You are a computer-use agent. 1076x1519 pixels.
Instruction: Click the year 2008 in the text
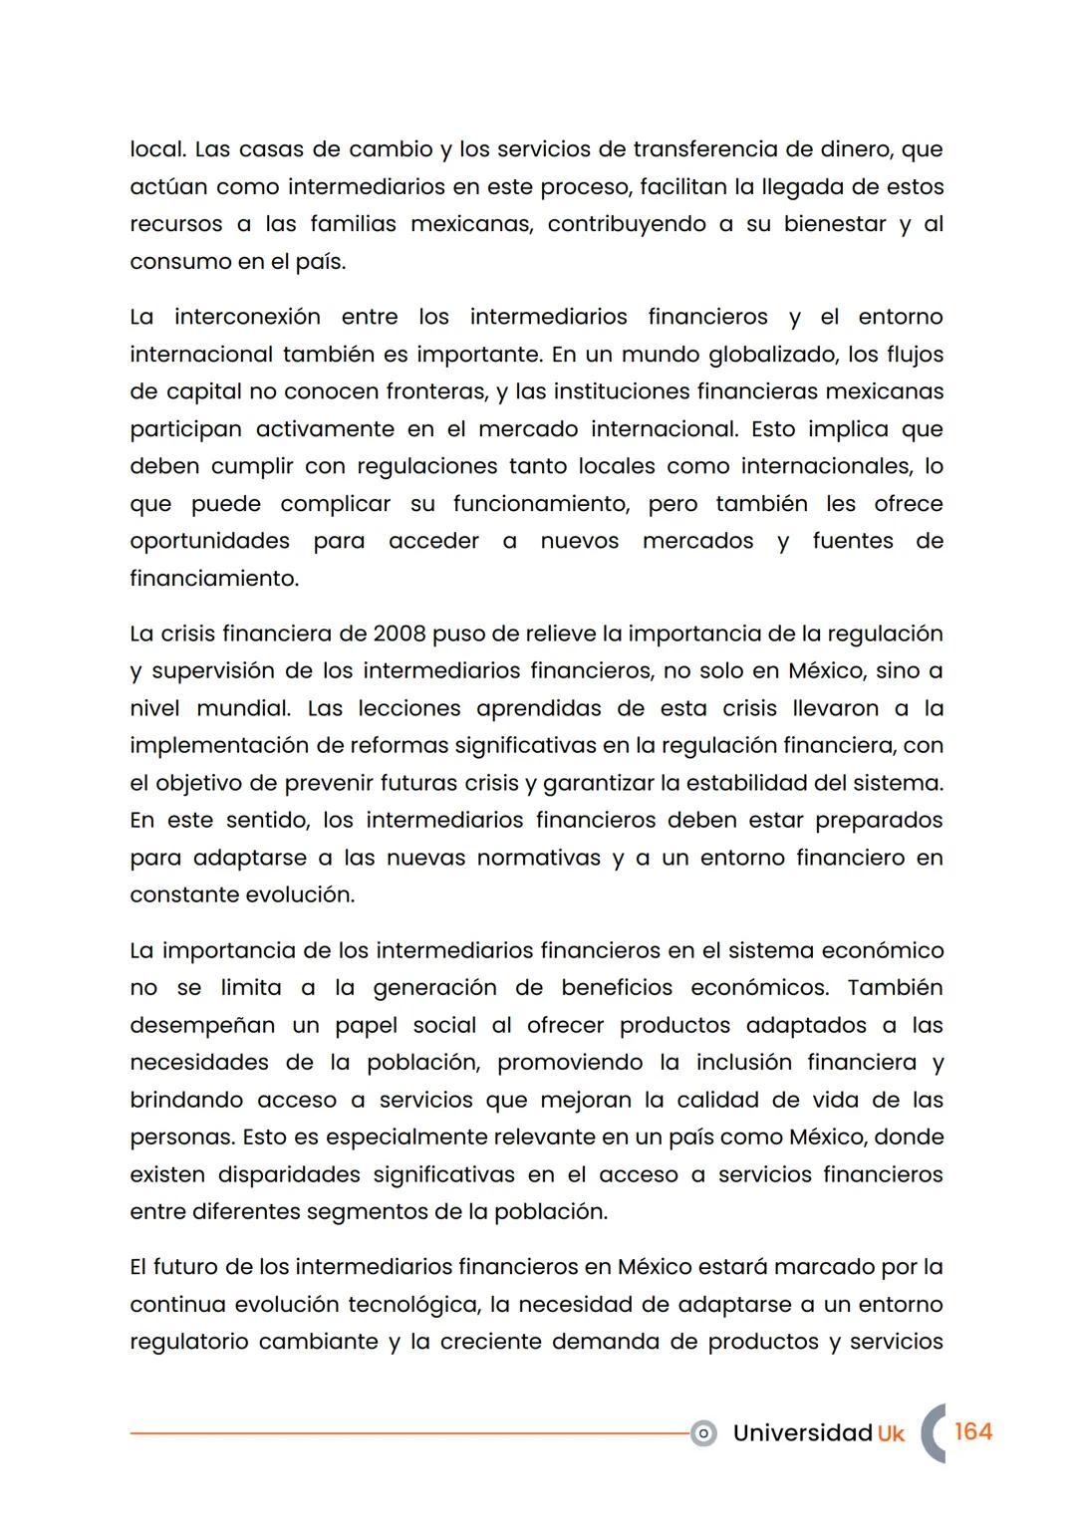click(399, 634)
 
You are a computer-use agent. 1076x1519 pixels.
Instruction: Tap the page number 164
click(972, 1432)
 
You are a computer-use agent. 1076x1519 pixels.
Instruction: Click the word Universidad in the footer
click(802, 1433)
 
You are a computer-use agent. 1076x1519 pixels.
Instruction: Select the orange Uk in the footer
click(891, 1433)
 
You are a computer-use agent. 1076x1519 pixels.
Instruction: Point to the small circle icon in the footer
click(703, 1434)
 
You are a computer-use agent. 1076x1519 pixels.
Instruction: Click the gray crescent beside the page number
click(931, 1433)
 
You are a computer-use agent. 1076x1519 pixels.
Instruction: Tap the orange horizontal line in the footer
click(408, 1434)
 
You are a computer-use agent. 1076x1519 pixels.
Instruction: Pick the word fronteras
click(436, 392)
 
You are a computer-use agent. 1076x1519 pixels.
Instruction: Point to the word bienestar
click(834, 224)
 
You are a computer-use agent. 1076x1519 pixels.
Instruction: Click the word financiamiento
click(213, 579)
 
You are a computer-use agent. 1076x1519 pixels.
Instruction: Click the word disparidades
click(287, 1175)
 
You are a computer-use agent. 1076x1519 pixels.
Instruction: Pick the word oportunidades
click(209, 542)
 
